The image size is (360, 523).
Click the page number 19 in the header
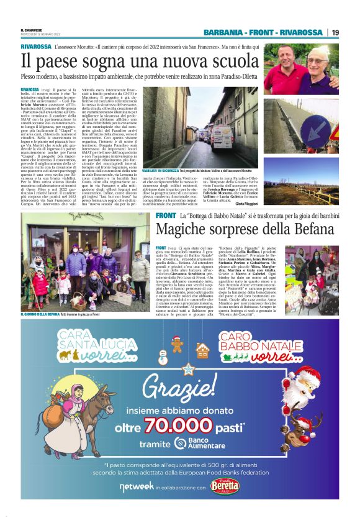pos(335,32)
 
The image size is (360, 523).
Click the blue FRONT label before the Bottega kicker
pos(166,215)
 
